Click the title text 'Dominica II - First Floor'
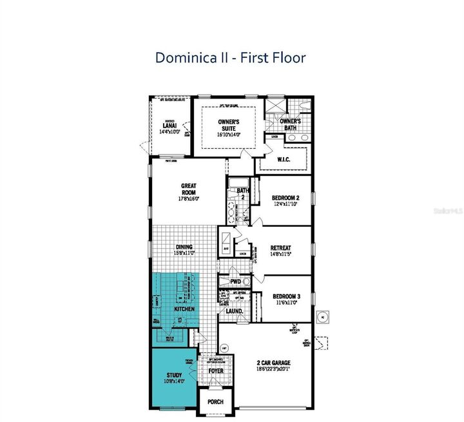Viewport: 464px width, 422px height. (230, 57)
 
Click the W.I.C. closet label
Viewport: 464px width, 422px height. (285, 159)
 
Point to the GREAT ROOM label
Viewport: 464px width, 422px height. (188, 189)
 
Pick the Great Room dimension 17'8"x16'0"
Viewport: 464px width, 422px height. (188, 198)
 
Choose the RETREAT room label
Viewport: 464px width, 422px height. (280, 247)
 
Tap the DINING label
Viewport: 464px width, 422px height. (184, 247)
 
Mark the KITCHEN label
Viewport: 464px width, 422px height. (184, 309)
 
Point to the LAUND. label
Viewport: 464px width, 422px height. (233, 311)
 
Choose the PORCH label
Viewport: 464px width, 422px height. (215, 401)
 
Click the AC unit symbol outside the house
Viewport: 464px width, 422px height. (322, 317)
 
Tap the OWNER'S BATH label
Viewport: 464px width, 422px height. (290, 124)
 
